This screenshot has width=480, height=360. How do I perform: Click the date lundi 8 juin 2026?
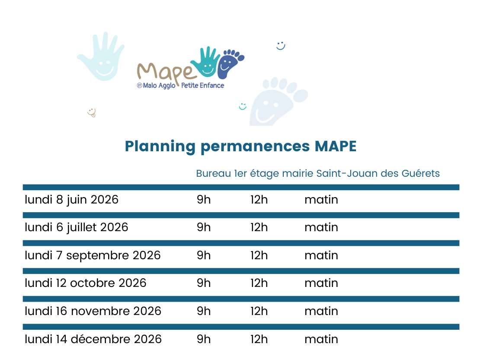click(71, 200)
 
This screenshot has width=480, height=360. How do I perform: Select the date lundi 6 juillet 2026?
click(76, 228)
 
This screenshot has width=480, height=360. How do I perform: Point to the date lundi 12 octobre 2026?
click(86, 283)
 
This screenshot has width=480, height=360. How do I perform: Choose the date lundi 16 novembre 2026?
click(93, 311)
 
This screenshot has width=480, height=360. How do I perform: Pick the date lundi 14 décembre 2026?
click(93, 339)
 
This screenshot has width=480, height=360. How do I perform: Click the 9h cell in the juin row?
click(204, 200)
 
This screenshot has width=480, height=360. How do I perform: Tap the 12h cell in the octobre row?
click(259, 283)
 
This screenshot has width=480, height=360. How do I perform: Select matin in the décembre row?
click(321, 339)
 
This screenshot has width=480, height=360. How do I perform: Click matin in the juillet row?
click(321, 228)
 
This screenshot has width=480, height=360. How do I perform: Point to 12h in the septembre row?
click(259, 255)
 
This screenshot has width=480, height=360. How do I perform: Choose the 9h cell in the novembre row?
click(204, 311)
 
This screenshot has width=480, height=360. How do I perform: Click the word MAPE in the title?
click(336, 146)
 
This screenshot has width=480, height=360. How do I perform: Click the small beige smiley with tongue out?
click(92, 112)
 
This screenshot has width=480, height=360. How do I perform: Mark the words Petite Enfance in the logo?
click(202, 86)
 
